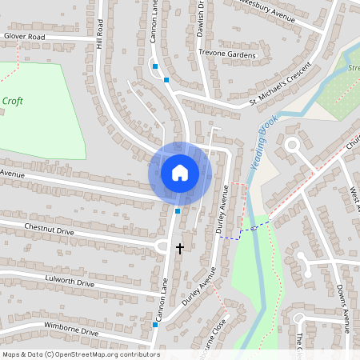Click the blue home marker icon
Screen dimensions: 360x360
(x=180, y=172)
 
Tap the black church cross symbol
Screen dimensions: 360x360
(x=180, y=248)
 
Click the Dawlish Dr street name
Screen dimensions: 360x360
(x=201, y=18)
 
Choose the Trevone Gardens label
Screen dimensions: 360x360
(x=226, y=54)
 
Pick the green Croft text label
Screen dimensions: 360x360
(x=12, y=101)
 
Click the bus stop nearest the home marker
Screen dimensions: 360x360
(x=178, y=211)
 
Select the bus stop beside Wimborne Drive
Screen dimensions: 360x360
(x=154, y=326)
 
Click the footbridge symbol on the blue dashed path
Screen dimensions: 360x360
(x=254, y=228)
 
